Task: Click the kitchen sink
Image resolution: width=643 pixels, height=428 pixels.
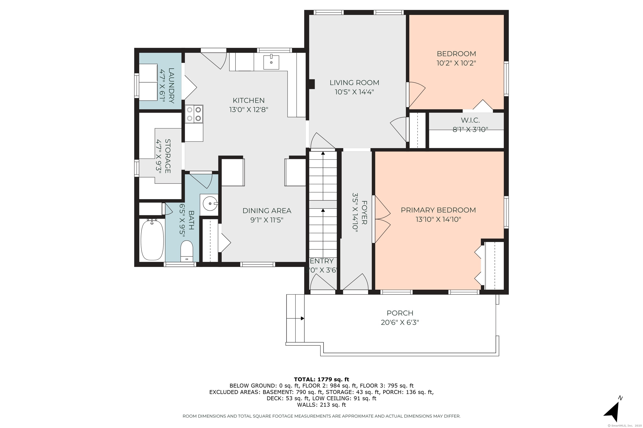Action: tap(271, 62)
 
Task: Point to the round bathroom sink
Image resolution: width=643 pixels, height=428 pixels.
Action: tap(209, 204)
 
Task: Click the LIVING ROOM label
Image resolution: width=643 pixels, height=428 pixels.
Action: tap(354, 82)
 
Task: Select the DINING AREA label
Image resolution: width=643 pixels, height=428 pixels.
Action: tap(267, 211)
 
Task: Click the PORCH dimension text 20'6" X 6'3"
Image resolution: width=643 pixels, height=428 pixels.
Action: tap(400, 322)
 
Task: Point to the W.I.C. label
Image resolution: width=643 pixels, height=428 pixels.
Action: tap(470, 120)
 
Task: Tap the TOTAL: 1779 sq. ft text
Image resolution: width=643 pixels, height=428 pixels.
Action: tap(321, 379)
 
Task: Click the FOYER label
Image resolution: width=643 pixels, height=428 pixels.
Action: tap(364, 212)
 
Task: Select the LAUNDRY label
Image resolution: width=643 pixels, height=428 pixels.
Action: tap(171, 86)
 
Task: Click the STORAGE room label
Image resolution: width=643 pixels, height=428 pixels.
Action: tap(168, 156)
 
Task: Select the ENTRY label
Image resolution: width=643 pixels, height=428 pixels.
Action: tap(322, 261)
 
